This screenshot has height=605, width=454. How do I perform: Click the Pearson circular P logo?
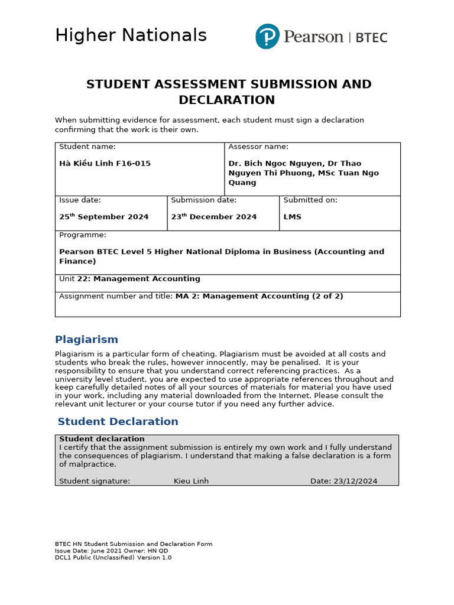pyautogui.click(x=267, y=36)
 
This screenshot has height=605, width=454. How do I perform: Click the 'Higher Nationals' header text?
pyautogui.click(x=131, y=35)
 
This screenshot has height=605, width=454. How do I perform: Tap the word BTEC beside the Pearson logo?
pyautogui.click(x=371, y=38)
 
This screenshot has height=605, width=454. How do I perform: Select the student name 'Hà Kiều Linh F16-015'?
pyautogui.click(x=105, y=163)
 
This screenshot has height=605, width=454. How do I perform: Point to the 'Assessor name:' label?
pyautogui.click(x=258, y=147)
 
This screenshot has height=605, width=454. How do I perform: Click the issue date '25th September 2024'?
pyautogui.click(x=104, y=217)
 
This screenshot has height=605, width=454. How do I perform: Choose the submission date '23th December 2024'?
pyautogui.click(x=214, y=217)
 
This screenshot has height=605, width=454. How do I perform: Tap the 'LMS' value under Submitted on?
pyautogui.click(x=292, y=217)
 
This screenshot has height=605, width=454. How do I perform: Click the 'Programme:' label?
pyautogui.click(x=83, y=235)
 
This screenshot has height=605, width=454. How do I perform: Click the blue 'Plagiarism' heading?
pyautogui.click(x=86, y=340)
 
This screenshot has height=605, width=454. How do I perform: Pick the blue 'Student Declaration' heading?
pyautogui.click(x=118, y=422)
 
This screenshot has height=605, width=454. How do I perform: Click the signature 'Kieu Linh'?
pyautogui.click(x=191, y=481)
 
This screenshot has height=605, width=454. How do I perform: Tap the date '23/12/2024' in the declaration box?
pyautogui.click(x=355, y=481)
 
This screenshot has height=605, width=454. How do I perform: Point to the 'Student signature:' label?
pyautogui.click(x=95, y=481)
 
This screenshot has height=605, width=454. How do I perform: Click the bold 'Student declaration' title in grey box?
pyautogui.click(x=102, y=439)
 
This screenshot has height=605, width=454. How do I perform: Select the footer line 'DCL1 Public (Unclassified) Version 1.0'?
pyautogui.click(x=113, y=557)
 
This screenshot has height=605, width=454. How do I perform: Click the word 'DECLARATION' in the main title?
pyautogui.click(x=226, y=100)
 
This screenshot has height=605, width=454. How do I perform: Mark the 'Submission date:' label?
pyautogui.click(x=203, y=200)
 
